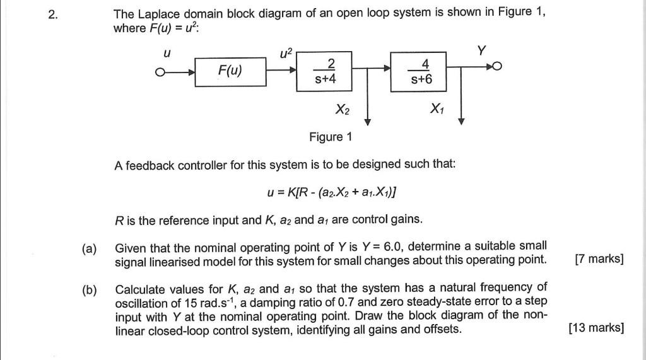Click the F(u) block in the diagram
coord(231,69)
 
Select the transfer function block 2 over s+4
coord(326,70)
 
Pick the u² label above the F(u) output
coord(286,52)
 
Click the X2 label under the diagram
coord(343,110)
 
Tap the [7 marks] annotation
coord(599,260)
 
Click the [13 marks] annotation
coord(596,327)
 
